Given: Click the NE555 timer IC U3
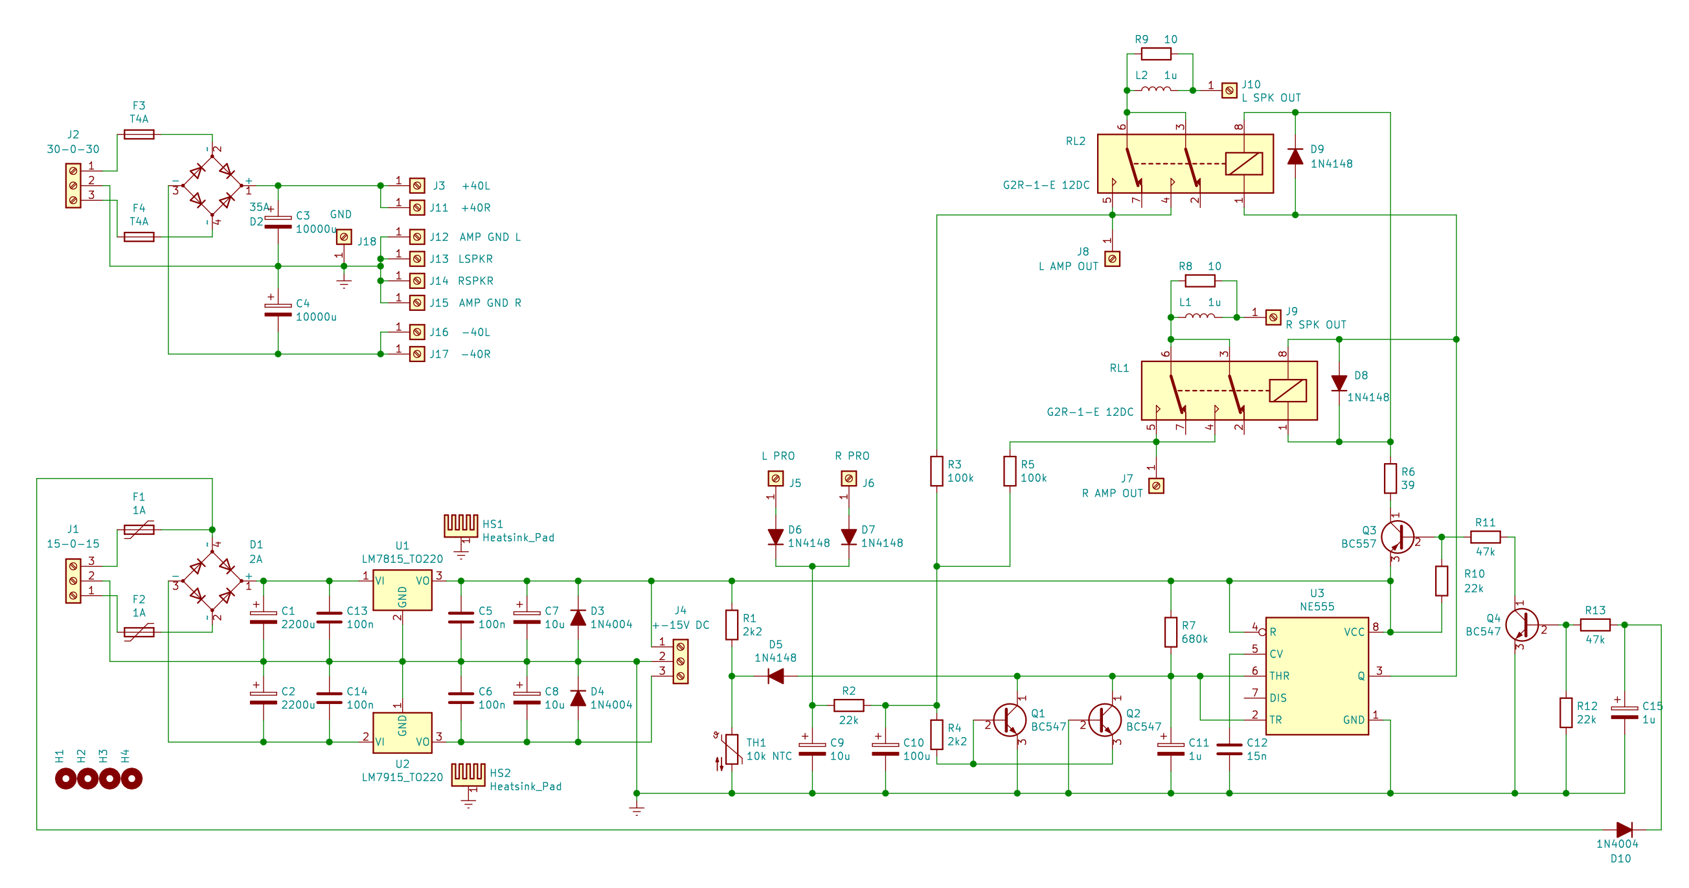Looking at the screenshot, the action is click(1317, 676).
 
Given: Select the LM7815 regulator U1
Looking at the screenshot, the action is click(402, 590).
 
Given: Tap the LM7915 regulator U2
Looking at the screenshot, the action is click(402, 733).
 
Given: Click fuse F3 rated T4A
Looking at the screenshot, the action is click(139, 135).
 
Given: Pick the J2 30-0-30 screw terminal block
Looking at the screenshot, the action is click(73, 186).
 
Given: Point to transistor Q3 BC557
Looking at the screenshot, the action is click(1397, 537).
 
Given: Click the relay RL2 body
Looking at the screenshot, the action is click(1185, 163).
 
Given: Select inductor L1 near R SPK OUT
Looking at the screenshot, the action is click(1200, 317).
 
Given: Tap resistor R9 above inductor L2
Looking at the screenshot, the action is click(1156, 54).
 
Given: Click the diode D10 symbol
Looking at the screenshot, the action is click(1624, 830).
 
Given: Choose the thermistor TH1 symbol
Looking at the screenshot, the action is click(732, 749).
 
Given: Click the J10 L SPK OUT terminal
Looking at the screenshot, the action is click(1229, 91).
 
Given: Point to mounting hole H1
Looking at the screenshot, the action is click(65, 779).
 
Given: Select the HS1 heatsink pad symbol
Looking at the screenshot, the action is click(461, 525).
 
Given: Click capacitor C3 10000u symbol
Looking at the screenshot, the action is click(278, 222).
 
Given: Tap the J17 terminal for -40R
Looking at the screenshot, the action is click(417, 354).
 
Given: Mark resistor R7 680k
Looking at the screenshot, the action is click(1171, 632).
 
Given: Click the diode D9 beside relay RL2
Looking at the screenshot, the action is click(1295, 156).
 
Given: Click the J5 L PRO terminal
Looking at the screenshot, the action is click(776, 479).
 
